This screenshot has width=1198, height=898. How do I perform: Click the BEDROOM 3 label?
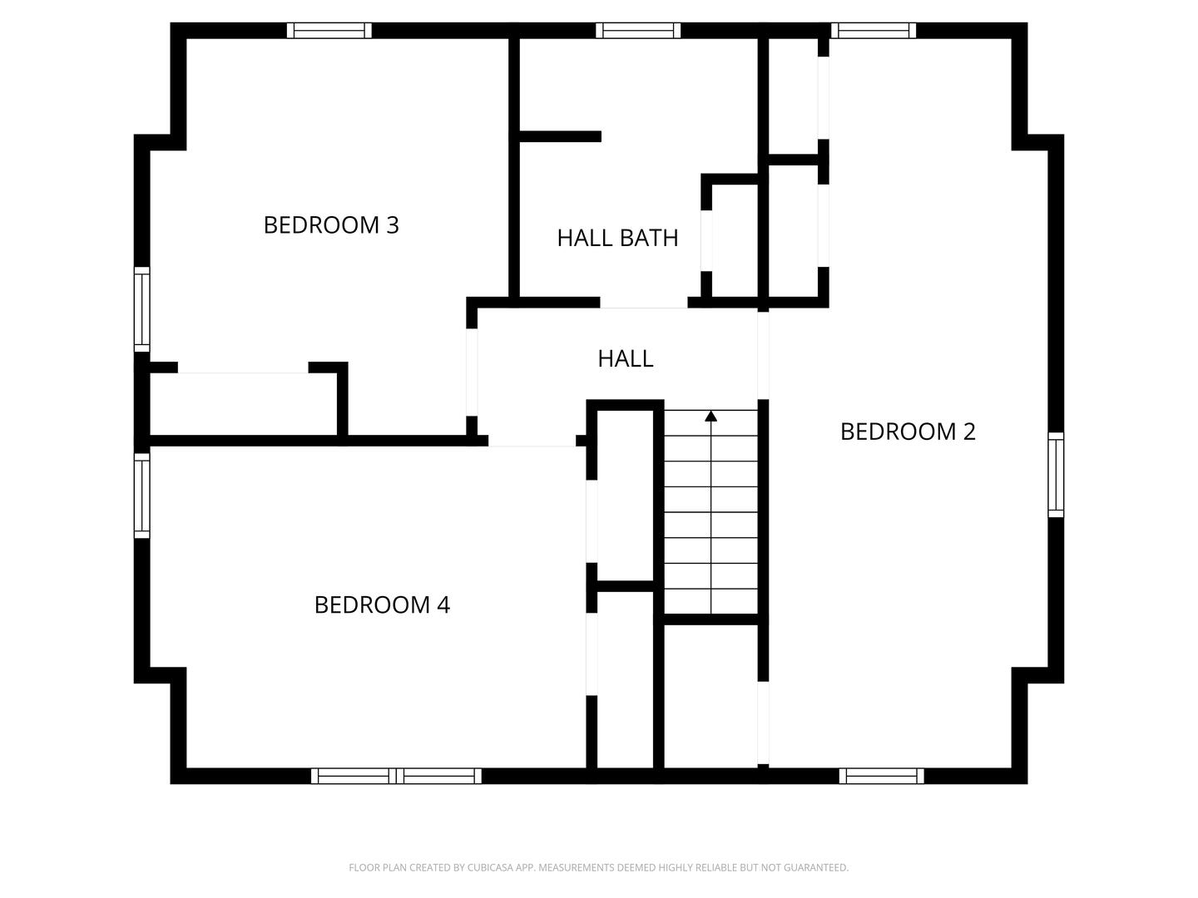(331, 225)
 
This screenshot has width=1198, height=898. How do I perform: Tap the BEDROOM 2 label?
(908, 432)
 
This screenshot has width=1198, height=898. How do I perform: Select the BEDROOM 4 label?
(382, 604)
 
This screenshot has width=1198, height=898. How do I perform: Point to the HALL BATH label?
(617, 238)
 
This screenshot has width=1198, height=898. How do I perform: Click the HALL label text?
(625, 358)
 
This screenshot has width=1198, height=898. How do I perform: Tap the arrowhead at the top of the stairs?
(710, 416)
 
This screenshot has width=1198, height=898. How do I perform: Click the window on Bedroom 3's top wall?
(329, 31)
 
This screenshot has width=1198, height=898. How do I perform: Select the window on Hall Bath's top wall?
(638, 31)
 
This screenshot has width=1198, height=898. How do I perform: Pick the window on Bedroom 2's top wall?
(873, 31)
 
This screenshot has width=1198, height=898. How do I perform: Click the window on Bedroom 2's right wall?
(1056, 475)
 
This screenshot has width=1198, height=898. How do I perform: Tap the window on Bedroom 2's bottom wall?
(881, 776)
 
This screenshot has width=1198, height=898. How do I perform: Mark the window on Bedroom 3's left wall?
(142, 308)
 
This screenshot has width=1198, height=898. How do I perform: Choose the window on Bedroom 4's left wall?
(142, 495)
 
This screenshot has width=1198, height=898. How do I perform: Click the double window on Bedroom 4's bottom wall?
(396, 776)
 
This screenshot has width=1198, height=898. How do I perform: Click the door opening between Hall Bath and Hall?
(644, 303)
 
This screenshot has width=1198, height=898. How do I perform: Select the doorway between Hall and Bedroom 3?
(472, 372)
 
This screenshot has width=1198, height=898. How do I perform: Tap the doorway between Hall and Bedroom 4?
(532, 442)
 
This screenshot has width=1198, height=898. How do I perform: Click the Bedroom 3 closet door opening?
(243, 368)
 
